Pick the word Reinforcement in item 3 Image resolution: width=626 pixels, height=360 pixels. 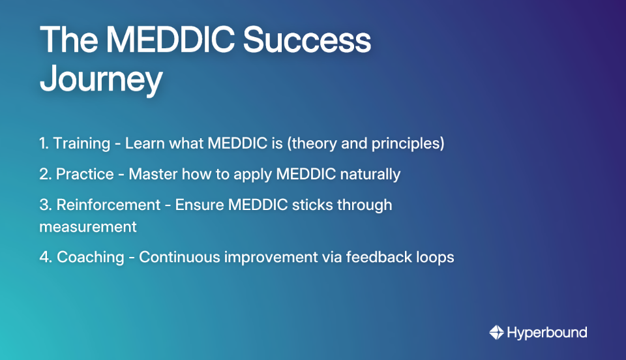click(x=108, y=205)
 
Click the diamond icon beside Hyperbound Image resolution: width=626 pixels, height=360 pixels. click(x=497, y=333)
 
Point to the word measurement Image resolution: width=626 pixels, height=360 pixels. click(x=88, y=227)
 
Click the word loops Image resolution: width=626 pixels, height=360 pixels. click(x=435, y=257)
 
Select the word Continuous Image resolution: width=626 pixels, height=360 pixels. click(x=179, y=257)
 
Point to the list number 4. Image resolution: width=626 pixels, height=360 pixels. click(x=44, y=257)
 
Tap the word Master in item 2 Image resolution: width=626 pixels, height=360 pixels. click(x=149, y=174)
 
